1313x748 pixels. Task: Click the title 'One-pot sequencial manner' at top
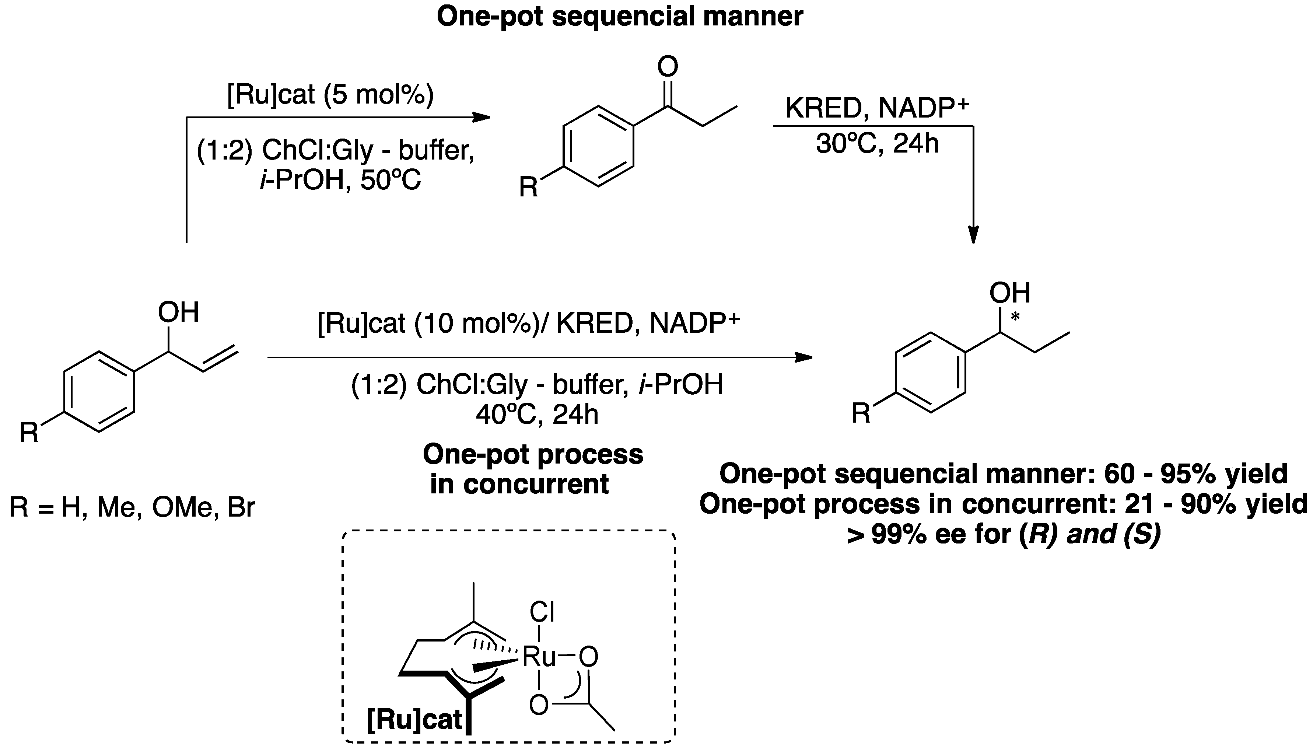[x=620, y=17]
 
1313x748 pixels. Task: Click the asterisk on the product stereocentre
[x=1015, y=318]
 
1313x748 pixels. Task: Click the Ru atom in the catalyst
[x=539, y=657]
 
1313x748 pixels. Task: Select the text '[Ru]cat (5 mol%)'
[x=330, y=95]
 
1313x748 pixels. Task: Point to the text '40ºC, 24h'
[x=537, y=414]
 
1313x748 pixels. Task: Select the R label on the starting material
[x=29, y=433]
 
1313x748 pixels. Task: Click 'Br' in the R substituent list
[x=241, y=508]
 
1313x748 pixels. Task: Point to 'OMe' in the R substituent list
[x=182, y=508]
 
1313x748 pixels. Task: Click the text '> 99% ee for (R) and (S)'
[x=1004, y=535]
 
